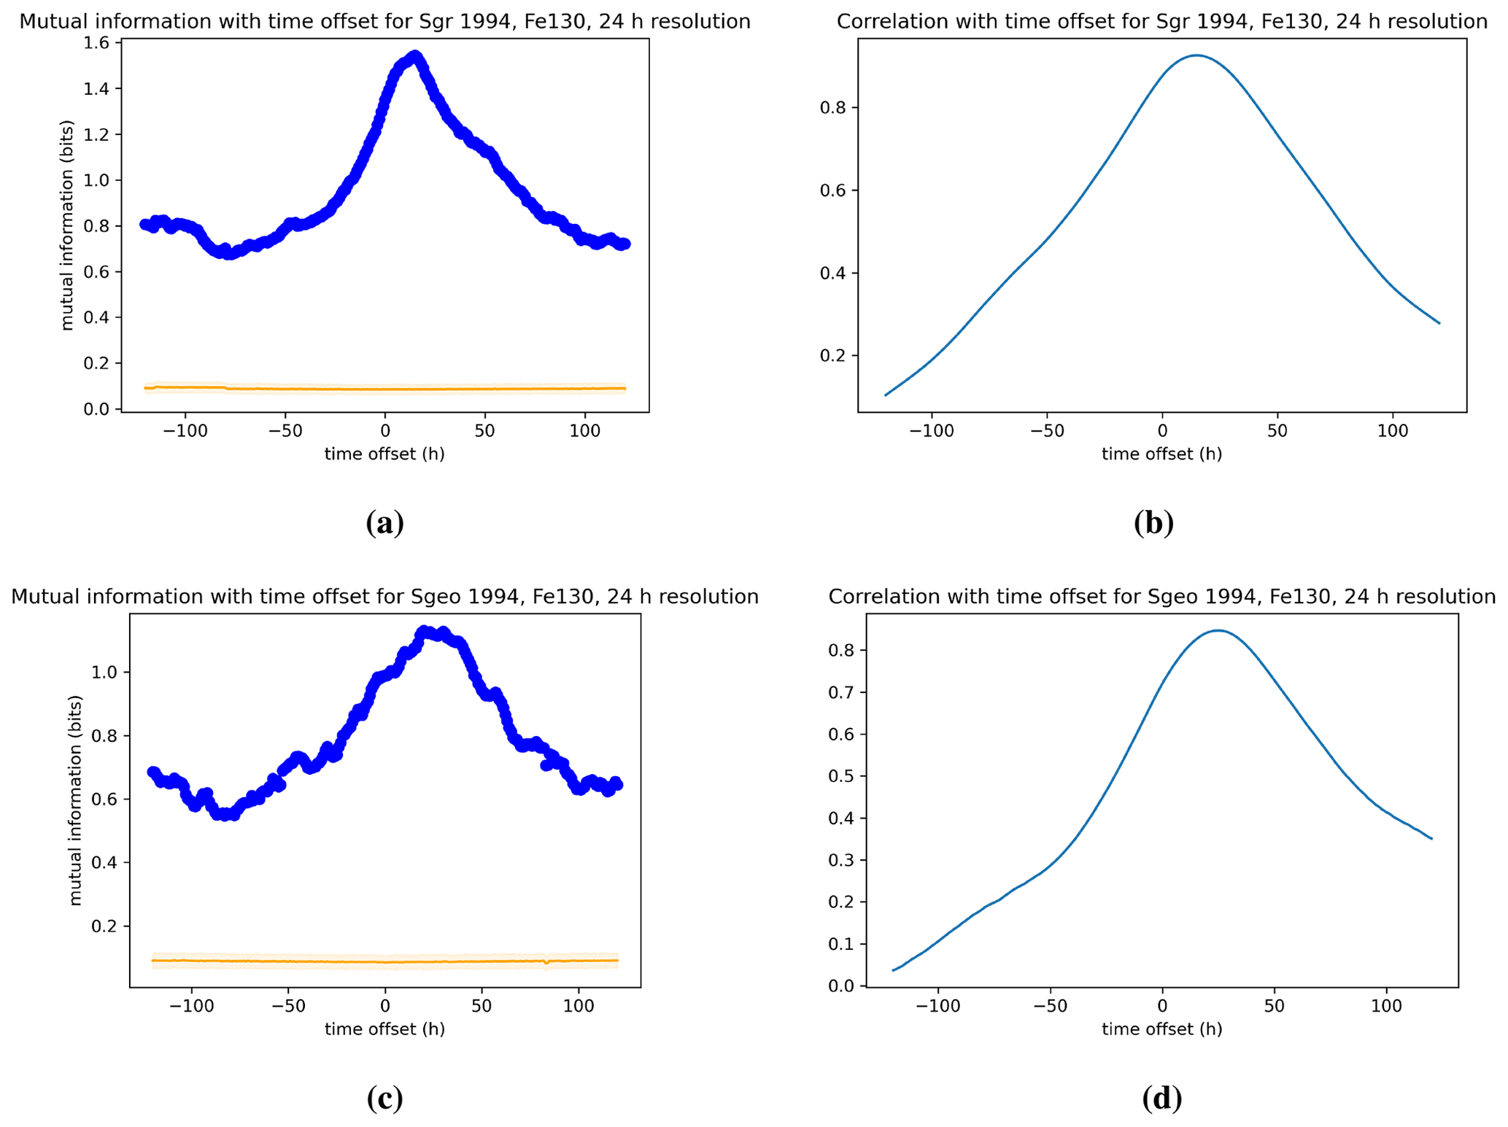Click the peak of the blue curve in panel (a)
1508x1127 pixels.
coord(415,55)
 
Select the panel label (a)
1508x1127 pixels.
coord(384,522)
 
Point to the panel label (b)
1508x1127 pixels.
coord(1153,522)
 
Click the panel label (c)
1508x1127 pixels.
coord(384,1097)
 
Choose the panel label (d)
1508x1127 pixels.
coord(1161,1097)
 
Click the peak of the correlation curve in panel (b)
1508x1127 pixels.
coord(1196,55)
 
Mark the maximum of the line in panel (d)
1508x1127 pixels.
coord(1218,630)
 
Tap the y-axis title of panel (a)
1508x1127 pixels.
coord(67,225)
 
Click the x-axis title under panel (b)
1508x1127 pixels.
coord(1161,454)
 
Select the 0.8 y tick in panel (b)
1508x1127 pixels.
coord(833,108)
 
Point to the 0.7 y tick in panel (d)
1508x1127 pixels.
coord(841,692)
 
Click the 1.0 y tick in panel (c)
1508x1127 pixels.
coord(104,672)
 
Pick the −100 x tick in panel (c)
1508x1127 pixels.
coord(191,1006)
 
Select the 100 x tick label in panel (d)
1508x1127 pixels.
coord(1386,1006)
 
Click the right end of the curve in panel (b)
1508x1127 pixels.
coord(1439,323)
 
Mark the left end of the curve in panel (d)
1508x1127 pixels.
coord(893,970)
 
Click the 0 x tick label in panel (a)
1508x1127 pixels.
coord(385,431)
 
